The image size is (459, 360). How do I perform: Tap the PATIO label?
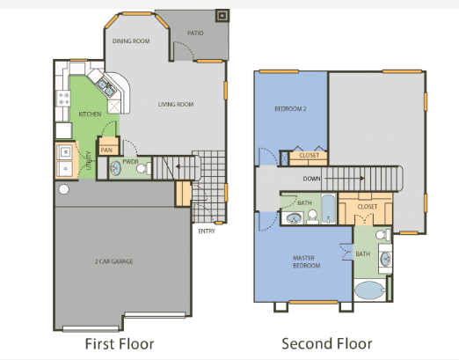[x=195, y=33]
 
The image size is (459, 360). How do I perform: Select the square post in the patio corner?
[x=221, y=14]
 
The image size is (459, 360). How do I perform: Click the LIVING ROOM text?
[x=176, y=105]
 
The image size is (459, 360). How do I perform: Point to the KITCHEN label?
[x=90, y=114]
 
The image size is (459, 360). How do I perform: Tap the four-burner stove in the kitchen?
[x=62, y=99]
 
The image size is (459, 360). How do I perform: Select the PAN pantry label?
[x=107, y=150]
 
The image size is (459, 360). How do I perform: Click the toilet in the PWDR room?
[x=146, y=167]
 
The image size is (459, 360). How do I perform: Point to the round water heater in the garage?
[x=62, y=189]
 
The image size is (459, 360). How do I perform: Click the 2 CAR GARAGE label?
[x=115, y=262]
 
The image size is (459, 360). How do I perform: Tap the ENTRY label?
[x=207, y=231]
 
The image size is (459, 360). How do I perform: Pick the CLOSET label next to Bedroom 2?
[x=309, y=156]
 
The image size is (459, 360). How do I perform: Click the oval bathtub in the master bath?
[x=370, y=291]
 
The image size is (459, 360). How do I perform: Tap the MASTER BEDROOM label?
[x=305, y=261]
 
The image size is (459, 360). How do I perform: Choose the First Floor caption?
[x=124, y=342]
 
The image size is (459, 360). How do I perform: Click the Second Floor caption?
[x=327, y=342]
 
